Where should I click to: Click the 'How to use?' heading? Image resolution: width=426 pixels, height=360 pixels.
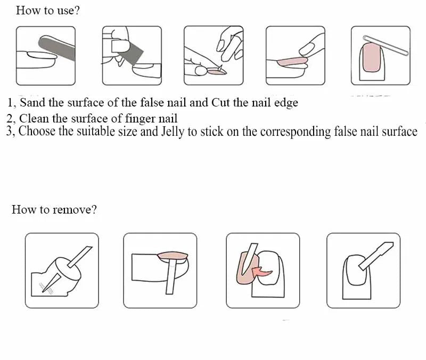pyautogui.click(x=48, y=11)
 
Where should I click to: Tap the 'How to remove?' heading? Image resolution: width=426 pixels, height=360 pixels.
pyautogui.click(x=54, y=210)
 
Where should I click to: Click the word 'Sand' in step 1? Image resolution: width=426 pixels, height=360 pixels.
pyautogui.click(x=32, y=103)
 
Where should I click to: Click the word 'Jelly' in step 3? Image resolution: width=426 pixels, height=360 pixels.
pyautogui.click(x=173, y=132)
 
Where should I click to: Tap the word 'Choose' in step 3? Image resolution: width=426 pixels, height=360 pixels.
pyautogui.click(x=37, y=131)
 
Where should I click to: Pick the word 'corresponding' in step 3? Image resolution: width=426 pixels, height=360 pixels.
pyautogui.click(x=296, y=132)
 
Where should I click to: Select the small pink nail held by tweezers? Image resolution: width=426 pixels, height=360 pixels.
pyautogui.click(x=217, y=72)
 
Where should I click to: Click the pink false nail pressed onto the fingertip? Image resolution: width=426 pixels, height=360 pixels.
pyautogui.click(x=292, y=62)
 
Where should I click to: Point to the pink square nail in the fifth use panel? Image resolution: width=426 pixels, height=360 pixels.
pyautogui.click(x=371, y=58)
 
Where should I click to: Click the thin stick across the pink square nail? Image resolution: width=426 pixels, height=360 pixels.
pyautogui.click(x=386, y=45)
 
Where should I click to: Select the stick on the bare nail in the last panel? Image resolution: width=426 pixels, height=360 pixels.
pyautogui.click(x=376, y=256)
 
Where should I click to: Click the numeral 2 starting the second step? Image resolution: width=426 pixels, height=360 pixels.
pyautogui.click(x=10, y=119)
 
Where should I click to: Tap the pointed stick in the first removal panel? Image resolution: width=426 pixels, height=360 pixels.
pyautogui.click(x=52, y=283)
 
